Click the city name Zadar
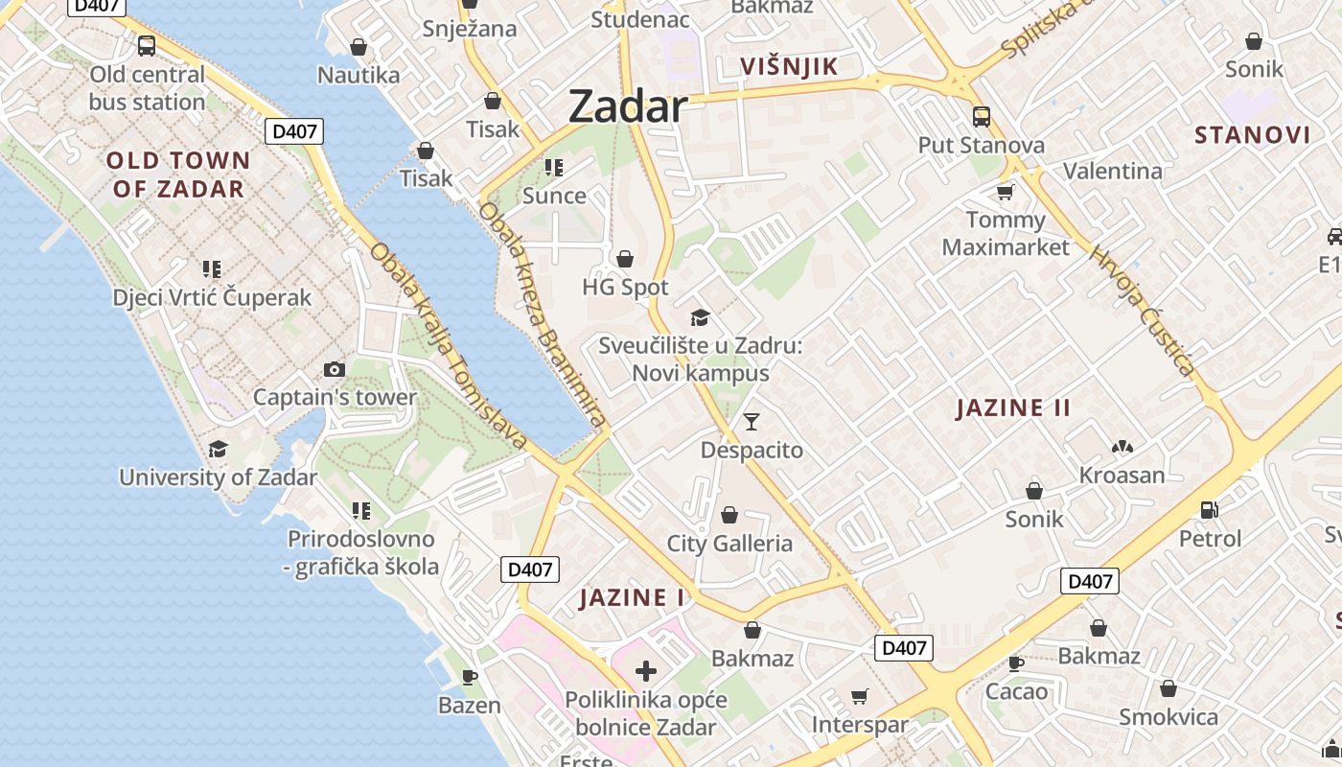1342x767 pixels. (x=628, y=106)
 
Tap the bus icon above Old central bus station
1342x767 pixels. (x=147, y=45)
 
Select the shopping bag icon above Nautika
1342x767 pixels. (x=359, y=46)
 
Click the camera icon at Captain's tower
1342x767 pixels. (x=334, y=369)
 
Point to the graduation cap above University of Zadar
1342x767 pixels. (x=219, y=449)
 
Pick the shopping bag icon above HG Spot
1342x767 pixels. (x=625, y=259)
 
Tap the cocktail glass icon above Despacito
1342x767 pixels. (x=752, y=421)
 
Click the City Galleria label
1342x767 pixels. (x=729, y=544)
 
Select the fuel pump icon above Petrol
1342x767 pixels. (x=1210, y=510)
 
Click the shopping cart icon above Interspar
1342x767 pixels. (x=860, y=696)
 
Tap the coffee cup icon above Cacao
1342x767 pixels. (x=1016, y=662)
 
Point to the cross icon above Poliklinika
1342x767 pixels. (x=646, y=670)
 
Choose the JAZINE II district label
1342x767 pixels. (x=1013, y=408)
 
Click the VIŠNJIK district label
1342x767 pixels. (x=790, y=66)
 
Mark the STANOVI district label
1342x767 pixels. (x=1252, y=134)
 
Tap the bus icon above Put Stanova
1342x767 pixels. (x=982, y=117)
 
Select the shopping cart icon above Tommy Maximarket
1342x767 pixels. (x=1005, y=192)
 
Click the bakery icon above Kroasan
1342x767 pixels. (x=1122, y=447)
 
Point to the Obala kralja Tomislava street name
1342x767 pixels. (x=449, y=346)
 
